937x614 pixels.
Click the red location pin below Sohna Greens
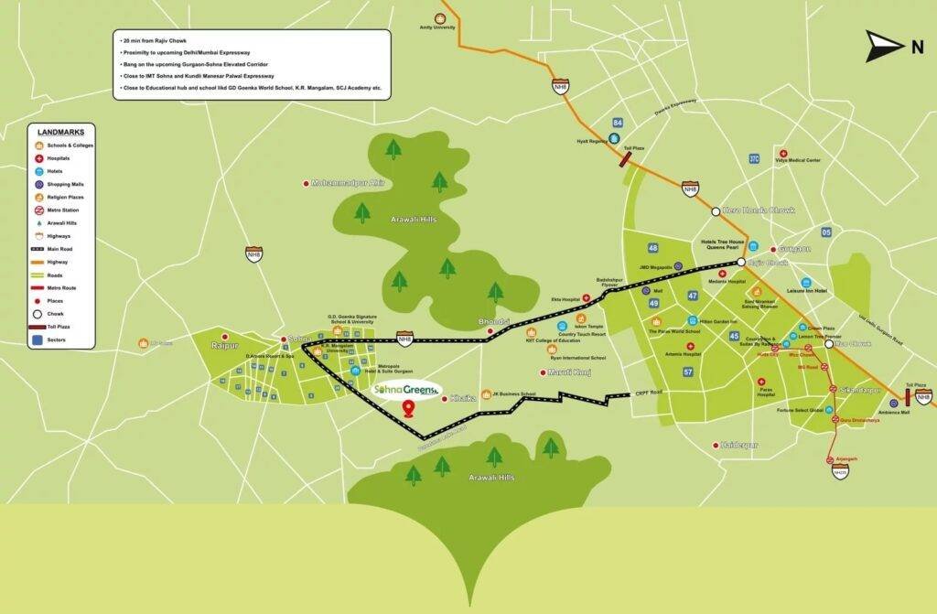(x=408, y=408)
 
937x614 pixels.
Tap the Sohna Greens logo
(x=407, y=390)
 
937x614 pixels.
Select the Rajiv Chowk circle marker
(x=740, y=264)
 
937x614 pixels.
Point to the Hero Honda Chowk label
(x=759, y=210)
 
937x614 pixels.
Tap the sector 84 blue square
(x=619, y=123)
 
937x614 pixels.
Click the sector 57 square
(x=688, y=372)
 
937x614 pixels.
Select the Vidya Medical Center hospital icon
(x=781, y=153)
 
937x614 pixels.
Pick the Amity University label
(x=437, y=27)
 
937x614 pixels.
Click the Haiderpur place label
(x=740, y=445)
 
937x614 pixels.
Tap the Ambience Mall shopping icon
(x=893, y=403)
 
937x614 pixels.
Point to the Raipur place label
(x=224, y=345)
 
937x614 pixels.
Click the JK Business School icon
(x=485, y=394)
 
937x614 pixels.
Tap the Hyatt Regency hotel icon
(x=614, y=139)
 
